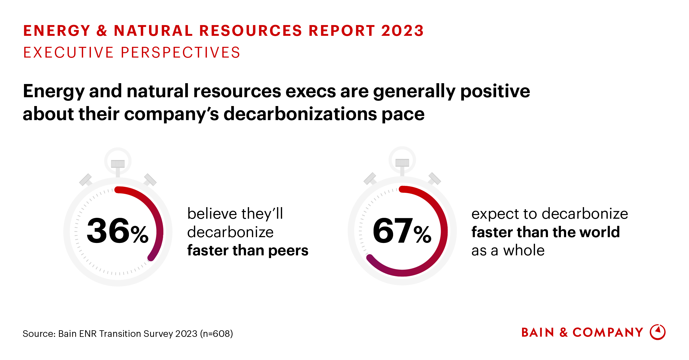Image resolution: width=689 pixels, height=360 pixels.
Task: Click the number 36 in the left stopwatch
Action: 108,231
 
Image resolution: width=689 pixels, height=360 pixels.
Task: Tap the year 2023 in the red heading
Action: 402,31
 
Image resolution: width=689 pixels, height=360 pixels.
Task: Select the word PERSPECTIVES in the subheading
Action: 180,53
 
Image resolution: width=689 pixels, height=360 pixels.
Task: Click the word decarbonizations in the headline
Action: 300,114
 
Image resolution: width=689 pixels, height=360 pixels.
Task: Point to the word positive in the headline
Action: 495,91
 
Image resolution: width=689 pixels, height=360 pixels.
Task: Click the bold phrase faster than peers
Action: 248,250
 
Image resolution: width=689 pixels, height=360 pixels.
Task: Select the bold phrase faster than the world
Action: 545,232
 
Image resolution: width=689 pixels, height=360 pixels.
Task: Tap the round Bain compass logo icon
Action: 658,332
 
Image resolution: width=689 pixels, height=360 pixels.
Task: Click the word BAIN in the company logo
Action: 538,333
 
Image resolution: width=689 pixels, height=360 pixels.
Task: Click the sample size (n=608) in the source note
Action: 217,334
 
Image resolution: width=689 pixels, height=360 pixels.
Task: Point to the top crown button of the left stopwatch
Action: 118,164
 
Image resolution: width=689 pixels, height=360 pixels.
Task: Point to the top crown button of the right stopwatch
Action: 402,163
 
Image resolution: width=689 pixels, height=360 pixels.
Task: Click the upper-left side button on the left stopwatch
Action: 86,180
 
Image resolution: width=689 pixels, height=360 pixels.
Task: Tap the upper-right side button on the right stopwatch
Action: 435,178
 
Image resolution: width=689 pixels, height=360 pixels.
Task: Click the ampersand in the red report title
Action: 102,31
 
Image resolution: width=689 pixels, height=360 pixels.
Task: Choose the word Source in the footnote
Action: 39,334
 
